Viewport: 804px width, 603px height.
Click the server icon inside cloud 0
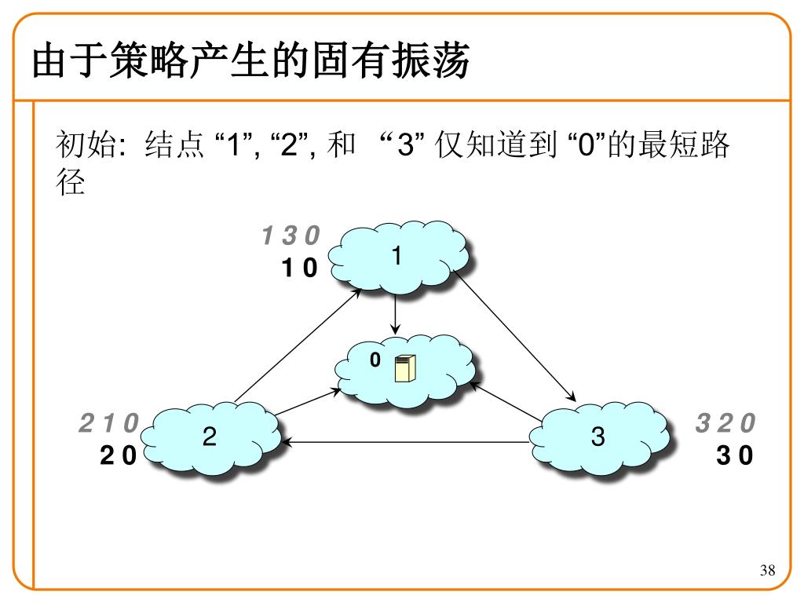405,367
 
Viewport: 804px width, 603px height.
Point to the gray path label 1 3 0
291,235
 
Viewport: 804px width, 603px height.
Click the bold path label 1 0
299,269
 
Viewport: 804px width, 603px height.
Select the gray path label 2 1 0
108,424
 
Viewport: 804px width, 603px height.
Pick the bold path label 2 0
118,455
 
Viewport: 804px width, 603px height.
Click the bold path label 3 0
734,455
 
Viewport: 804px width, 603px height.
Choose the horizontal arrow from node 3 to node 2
408,442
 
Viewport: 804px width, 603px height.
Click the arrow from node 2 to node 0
306,401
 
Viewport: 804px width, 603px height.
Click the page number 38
768,570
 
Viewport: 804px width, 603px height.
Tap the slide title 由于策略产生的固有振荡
250,62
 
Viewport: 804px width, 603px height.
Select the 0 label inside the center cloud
375,360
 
